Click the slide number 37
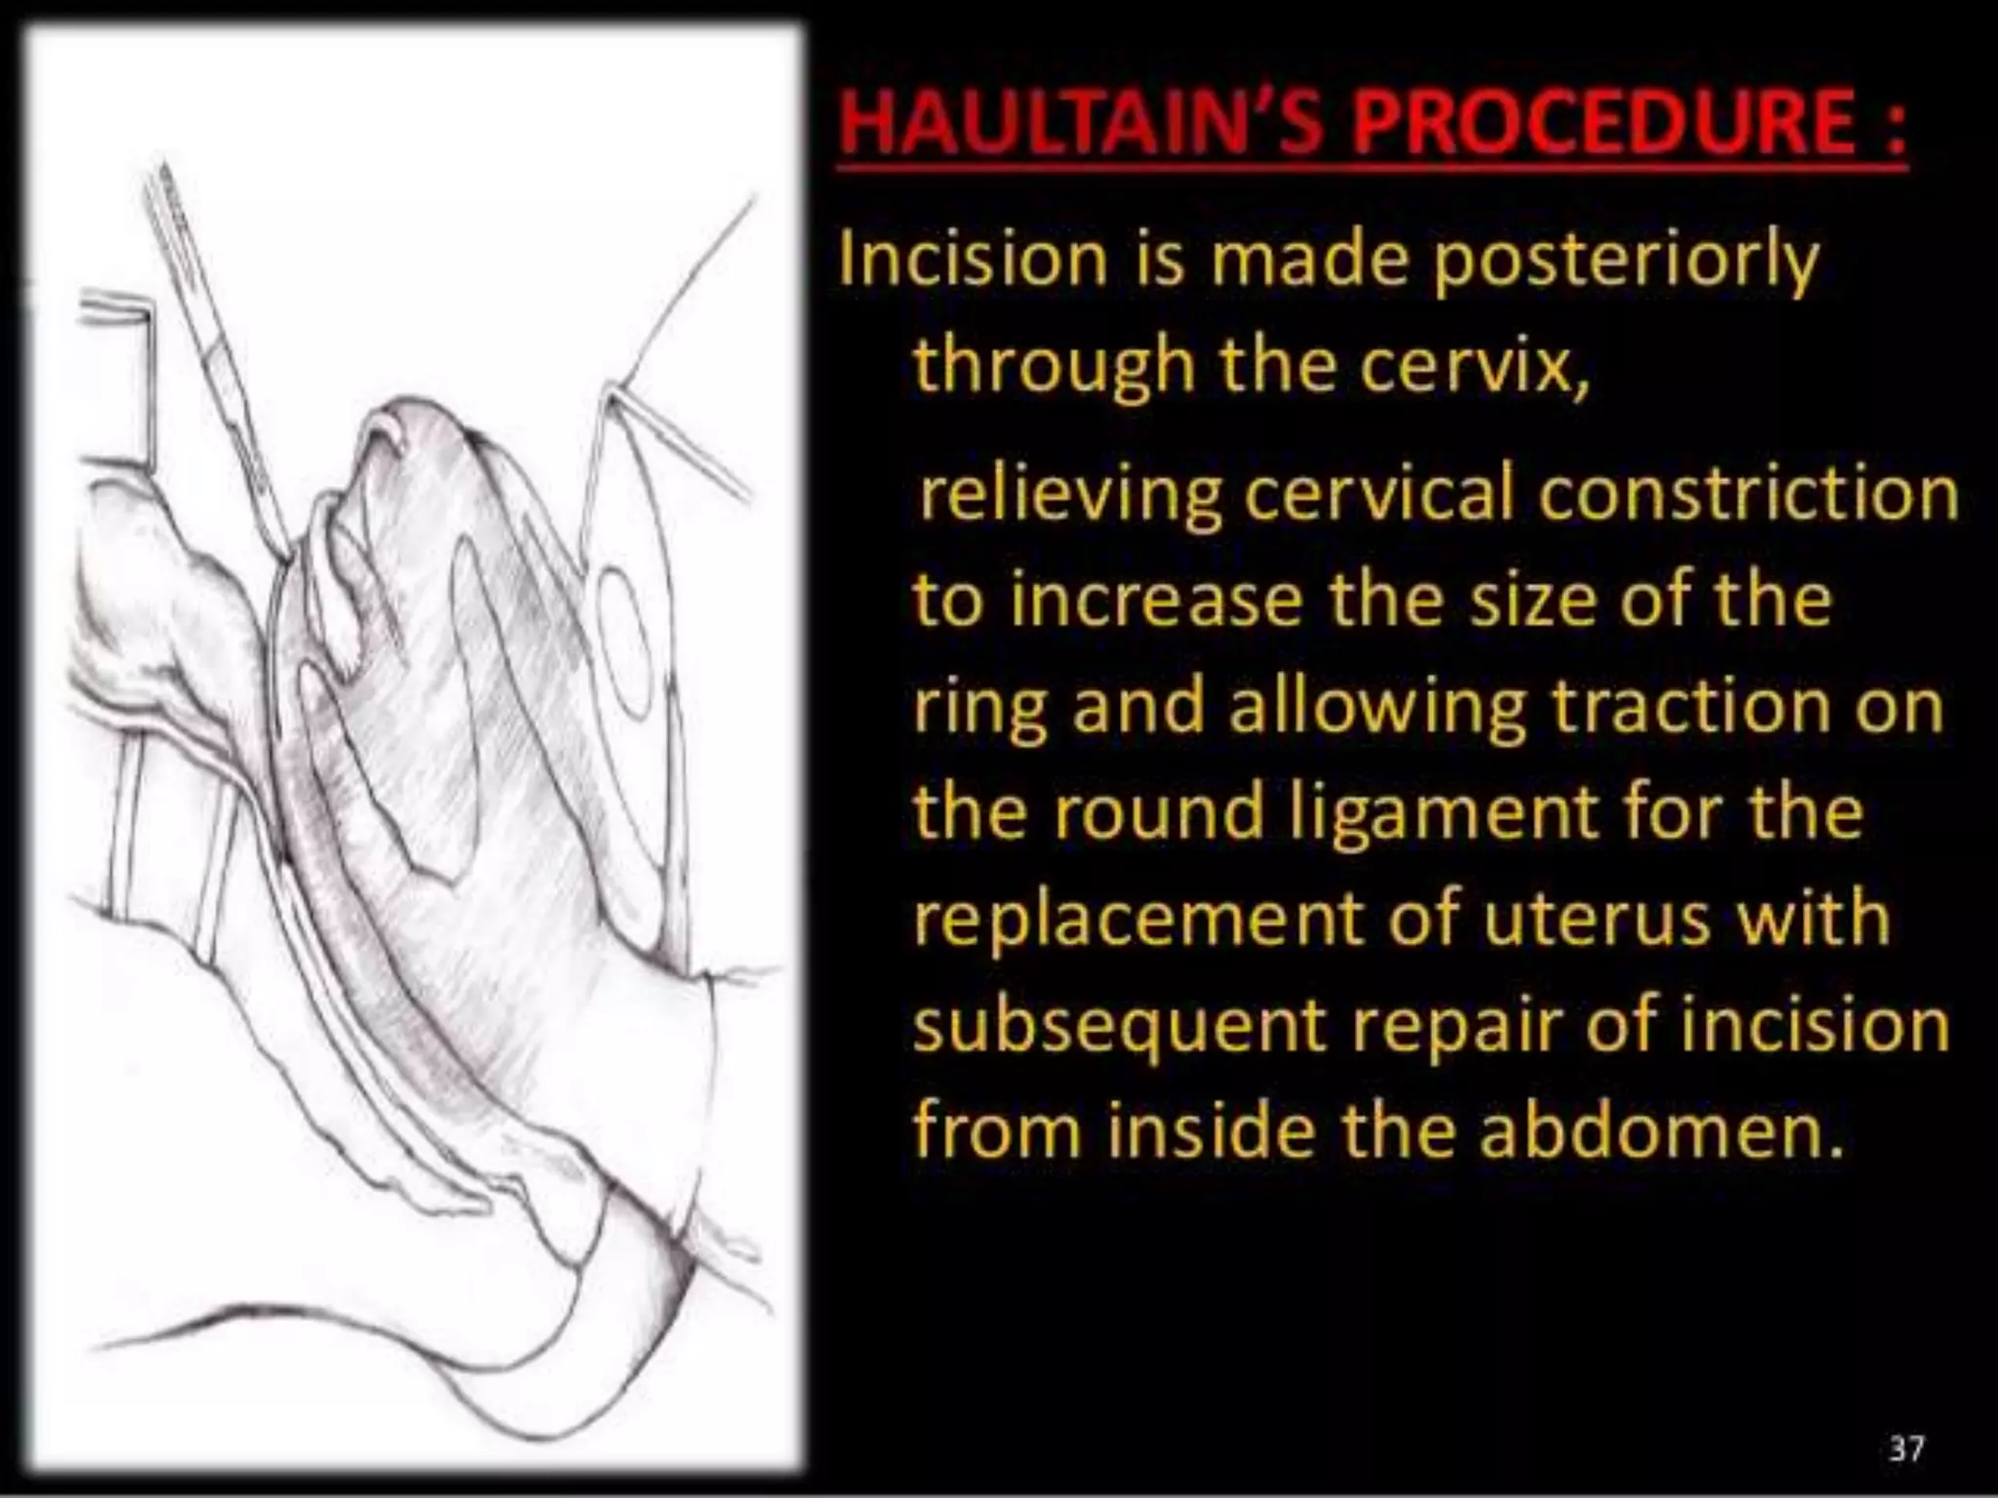pyautogui.click(x=1906, y=1447)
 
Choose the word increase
pyautogui.click(x=1156, y=600)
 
